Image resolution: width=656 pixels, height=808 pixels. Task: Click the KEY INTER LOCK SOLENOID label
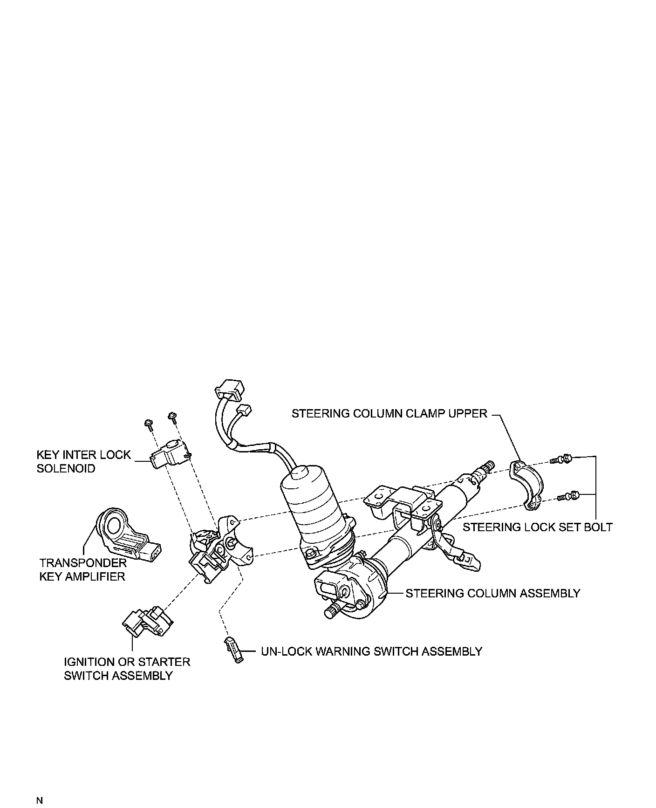[84, 461]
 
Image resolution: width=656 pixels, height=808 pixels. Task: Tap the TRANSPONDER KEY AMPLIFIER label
[82, 569]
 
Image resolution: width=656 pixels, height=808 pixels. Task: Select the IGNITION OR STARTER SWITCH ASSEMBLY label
[127, 669]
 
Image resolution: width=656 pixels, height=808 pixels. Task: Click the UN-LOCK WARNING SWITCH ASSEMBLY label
[371, 651]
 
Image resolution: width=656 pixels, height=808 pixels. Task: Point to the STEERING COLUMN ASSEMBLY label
[492, 593]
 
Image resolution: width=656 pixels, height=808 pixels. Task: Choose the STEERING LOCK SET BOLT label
[537, 527]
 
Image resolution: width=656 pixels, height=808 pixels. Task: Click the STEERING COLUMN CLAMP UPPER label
[389, 414]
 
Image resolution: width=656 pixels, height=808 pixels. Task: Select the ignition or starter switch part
[147, 622]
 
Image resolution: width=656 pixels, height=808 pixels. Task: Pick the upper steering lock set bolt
[561, 459]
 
